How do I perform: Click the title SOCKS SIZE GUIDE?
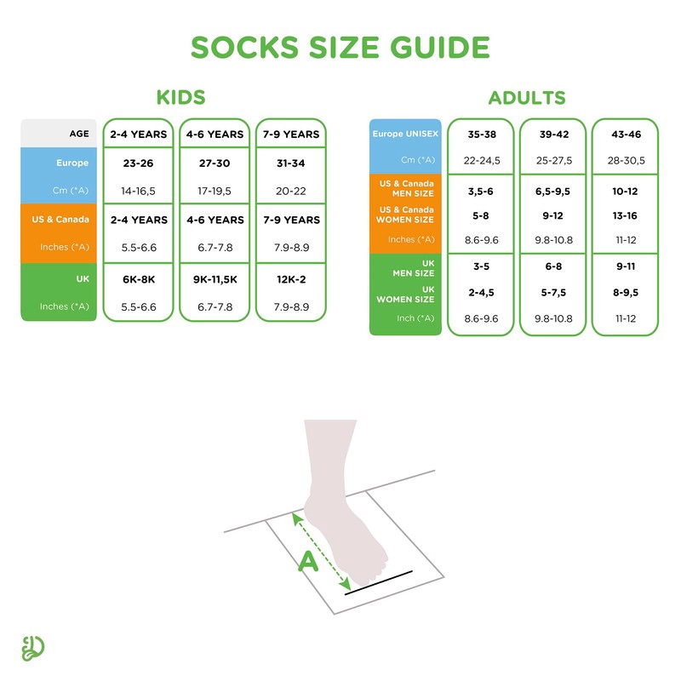pos(340,48)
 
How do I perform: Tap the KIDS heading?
pos(180,97)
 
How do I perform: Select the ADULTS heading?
pos(526,98)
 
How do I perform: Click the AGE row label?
pos(80,134)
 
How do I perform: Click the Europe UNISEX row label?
pos(405,134)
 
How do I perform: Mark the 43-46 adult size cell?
pos(626,134)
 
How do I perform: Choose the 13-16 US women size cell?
pos(626,215)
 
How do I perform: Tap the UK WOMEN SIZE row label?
pos(412,294)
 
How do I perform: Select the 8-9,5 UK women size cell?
pos(626,292)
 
